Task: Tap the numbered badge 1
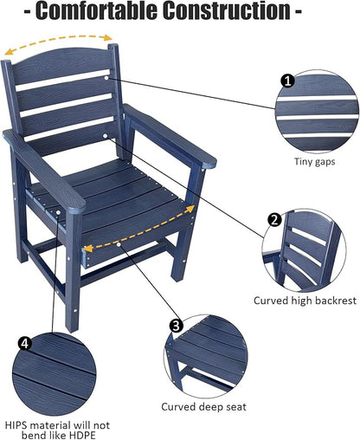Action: coord(286,80)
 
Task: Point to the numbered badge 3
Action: coord(176,327)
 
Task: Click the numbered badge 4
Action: coord(26,345)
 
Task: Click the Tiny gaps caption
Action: coord(316,161)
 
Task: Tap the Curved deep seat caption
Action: coord(200,405)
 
